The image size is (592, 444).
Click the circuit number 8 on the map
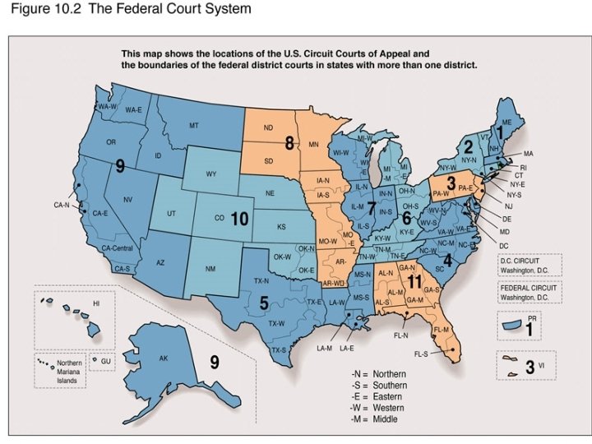pyautogui.click(x=289, y=143)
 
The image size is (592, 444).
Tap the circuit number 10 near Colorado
pyautogui.click(x=239, y=219)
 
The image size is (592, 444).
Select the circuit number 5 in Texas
pyautogui.click(x=264, y=303)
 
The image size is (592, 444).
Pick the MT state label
pyautogui.click(x=195, y=126)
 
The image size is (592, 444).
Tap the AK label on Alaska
pyautogui.click(x=163, y=358)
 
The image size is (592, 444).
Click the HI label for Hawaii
pyautogui.click(x=96, y=303)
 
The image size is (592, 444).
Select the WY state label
pyautogui.click(x=211, y=174)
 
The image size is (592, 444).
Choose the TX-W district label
pyautogui.click(x=276, y=322)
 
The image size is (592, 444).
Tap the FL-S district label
pyautogui.click(x=421, y=354)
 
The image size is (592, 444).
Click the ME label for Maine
pyautogui.click(x=507, y=122)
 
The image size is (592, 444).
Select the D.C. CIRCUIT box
pyautogui.click(x=530, y=265)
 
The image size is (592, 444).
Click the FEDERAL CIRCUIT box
pyautogui.click(x=530, y=292)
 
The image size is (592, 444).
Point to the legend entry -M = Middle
pyautogui.click(x=379, y=419)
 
